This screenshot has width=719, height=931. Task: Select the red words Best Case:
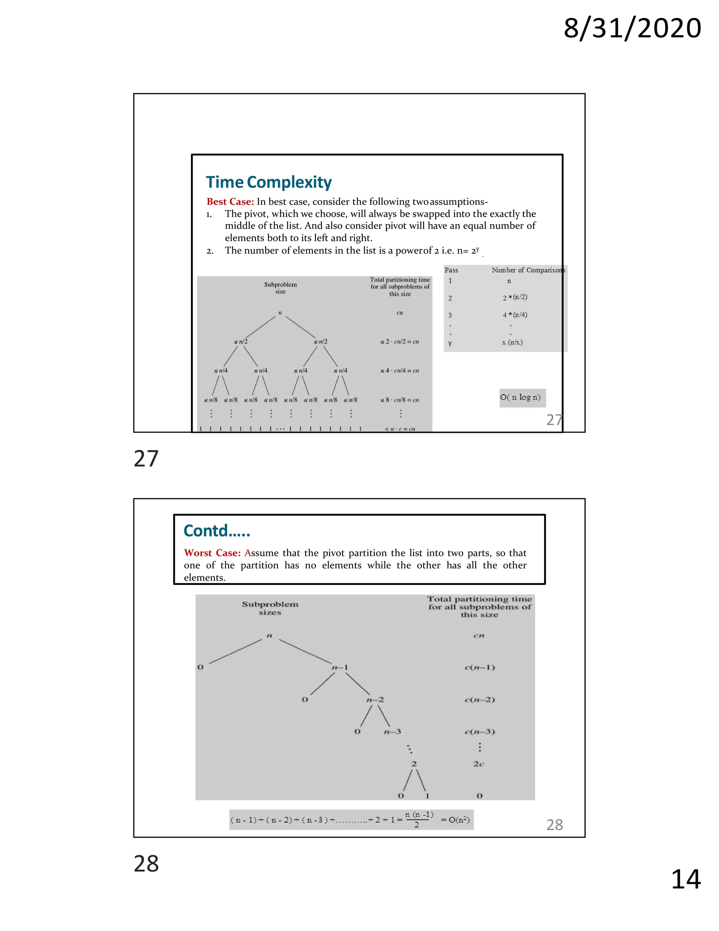230,202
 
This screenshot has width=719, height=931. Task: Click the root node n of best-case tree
280,313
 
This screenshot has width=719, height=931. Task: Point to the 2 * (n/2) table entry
515,297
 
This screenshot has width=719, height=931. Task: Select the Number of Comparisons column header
528,270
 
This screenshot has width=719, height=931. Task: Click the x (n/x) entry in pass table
512,342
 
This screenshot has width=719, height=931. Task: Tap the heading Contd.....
216,531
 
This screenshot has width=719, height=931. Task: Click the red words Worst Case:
212,553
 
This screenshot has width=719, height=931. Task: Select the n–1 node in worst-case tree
340,667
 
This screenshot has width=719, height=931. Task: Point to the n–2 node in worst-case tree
375,699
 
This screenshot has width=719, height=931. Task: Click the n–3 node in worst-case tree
392,731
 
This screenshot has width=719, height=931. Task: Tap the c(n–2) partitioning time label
480,699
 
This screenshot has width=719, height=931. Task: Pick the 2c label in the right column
479,764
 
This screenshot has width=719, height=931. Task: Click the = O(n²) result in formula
455,820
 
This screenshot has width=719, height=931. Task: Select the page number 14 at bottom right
685,879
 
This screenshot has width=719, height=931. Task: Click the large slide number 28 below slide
146,864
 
